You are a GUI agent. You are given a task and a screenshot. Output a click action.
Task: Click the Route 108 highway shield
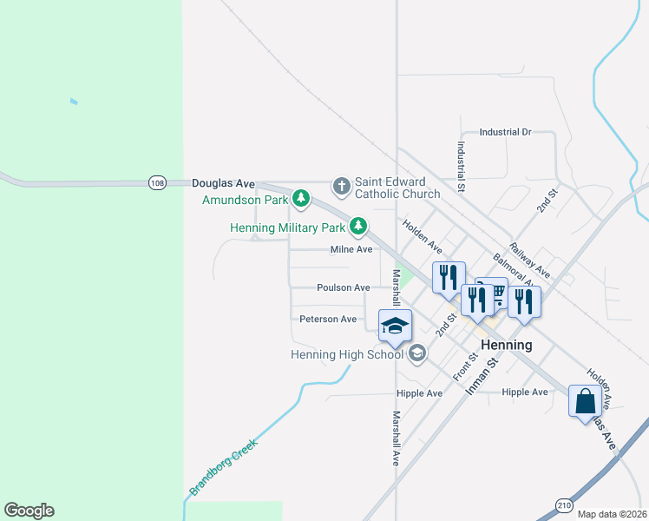point(157,183)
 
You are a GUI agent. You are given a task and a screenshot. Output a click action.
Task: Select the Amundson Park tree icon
point(301,200)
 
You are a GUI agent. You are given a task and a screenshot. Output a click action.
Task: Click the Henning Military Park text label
point(288,228)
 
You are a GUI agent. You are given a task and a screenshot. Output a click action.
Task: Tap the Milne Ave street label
point(351,250)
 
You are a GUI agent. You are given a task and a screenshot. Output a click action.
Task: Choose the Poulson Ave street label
point(344,287)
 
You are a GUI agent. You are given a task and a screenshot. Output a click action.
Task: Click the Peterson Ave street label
point(328,320)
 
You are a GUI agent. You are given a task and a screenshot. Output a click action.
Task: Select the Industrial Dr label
point(505,133)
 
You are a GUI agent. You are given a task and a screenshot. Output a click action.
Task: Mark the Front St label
point(466,366)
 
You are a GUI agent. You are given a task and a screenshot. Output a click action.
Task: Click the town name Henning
point(506,345)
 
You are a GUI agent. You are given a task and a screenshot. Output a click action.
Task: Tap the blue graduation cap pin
point(395,326)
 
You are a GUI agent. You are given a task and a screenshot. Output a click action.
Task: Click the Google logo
point(29,511)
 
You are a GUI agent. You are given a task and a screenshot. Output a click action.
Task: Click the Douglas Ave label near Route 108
point(223,184)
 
